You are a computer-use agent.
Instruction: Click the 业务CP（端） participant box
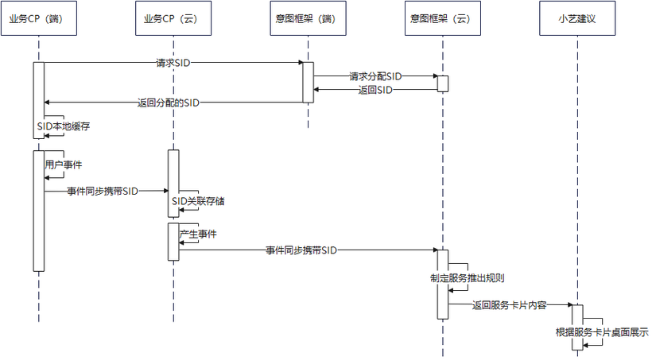tap(39, 19)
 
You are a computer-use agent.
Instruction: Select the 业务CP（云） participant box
tap(173, 19)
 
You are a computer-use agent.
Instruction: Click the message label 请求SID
tap(173, 62)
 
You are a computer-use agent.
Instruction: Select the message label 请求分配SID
tap(375, 76)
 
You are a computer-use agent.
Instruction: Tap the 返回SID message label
tap(375, 90)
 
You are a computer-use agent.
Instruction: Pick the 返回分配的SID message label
tap(168, 103)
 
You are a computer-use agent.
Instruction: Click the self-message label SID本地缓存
tap(64, 126)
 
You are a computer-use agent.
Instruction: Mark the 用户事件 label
tap(64, 165)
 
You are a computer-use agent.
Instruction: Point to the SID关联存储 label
tap(198, 201)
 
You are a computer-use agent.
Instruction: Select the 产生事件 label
tap(198, 234)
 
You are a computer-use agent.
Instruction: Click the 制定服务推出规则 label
tap(468, 279)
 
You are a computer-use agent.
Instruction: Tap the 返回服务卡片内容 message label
tap(509, 304)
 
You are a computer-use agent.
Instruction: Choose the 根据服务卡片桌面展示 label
tap(603, 332)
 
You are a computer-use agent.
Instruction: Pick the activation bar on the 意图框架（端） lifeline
tap(308, 82)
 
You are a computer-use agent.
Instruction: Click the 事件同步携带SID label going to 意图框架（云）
tap(301, 250)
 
